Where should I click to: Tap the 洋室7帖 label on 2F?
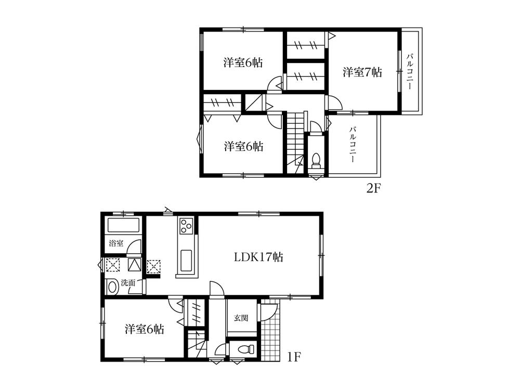tap(362, 72)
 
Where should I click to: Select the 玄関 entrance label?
tap(240, 317)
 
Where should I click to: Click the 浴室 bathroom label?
tap(115, 243)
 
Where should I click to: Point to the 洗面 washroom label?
tap(128, 283)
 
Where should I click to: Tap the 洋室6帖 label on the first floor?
tap(145, 329)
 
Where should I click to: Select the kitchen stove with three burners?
tap(186, 226)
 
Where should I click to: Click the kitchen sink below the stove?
tap(186, 258)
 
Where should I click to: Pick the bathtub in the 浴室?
tap(123, 226)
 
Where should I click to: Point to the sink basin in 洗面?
tap(111, 287)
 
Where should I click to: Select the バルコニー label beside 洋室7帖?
tap(410, 71)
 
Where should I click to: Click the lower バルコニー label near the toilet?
tap(353, 145)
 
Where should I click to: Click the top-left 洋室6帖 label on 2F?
tap(243, 63)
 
